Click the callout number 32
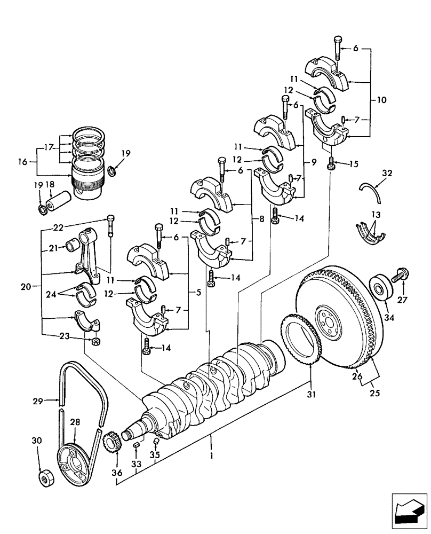coord(387,172)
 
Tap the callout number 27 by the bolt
coord(402,300)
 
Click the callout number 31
coord(310,395)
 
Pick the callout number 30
coord(37,441)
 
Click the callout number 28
coord(75,422)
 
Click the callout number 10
coord(381,100)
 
